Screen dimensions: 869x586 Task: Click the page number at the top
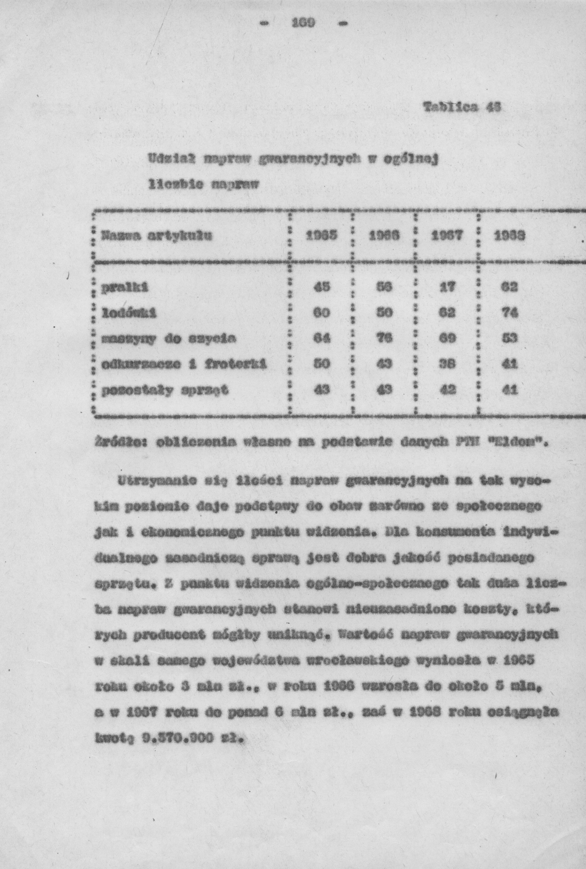(303, 23)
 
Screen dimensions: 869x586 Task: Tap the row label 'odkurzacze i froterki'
(184, 364)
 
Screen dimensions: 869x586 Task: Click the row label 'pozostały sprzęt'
(164, 390)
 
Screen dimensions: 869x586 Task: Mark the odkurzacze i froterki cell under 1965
(322, 364)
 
